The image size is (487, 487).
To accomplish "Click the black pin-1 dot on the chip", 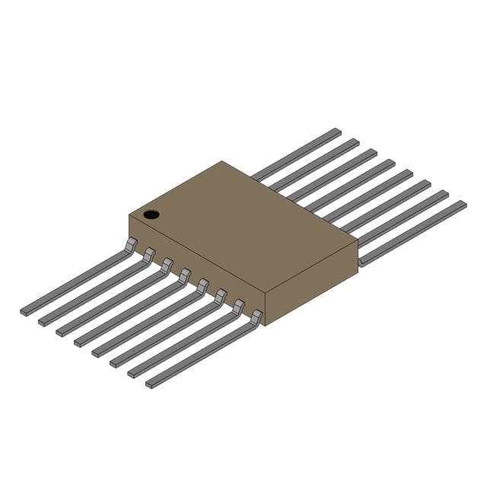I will click(x=151, y=214).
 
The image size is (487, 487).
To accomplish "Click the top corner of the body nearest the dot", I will click(x=129, y=215).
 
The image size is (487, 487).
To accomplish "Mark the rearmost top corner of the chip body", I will click(x=221, y=161).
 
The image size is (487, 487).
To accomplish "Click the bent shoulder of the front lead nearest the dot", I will click(x=132, y=243).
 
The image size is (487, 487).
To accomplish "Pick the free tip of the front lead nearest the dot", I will click(x=24, y=310).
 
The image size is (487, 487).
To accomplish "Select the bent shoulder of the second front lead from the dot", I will click(x=149, y=253).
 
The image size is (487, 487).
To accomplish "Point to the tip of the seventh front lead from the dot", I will click(x=132, y=374).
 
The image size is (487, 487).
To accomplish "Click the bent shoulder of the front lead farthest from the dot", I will click(x=257, y=315).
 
